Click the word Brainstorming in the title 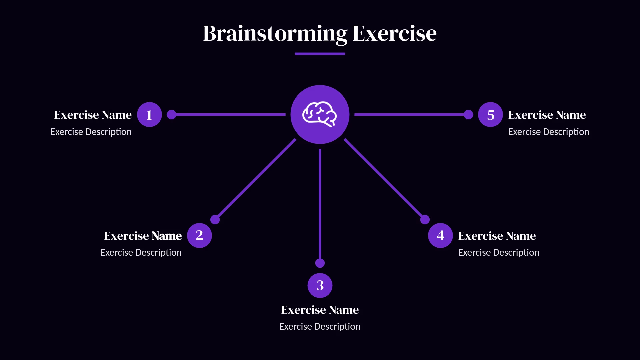(x=275, y=34)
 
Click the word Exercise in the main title (x=394, y=34)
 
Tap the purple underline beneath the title (x=320, y=54)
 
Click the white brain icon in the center (x=320, y=114)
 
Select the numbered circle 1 (x=149, y=115)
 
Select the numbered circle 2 (x=199, y=235)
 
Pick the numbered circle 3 (x=320, y=285)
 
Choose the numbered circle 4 (x=440, y=235)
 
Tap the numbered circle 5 (x=490, y=115)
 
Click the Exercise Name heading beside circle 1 (x=93, y=115)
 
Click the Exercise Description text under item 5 (x=548, y=132)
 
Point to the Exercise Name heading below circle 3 (x=320, y=310)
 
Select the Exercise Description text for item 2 (x=141, y=253)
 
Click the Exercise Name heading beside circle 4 (x=497, y=236)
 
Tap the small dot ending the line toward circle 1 (x=171, y=115)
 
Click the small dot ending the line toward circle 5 (x=468, y=115)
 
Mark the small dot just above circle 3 (x=320, y=263)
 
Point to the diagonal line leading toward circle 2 (x=256, y=179)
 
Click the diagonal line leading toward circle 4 (x=384, y=179)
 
